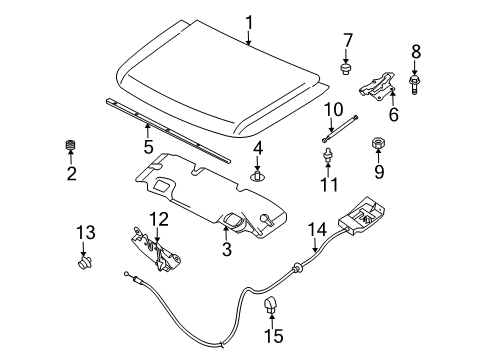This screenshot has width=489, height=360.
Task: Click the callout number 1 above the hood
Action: (249, 21)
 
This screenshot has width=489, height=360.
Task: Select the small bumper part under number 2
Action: (71, 149)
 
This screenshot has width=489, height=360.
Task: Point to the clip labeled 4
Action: (257, 176)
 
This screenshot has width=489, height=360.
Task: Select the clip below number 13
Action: (83, 264)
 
